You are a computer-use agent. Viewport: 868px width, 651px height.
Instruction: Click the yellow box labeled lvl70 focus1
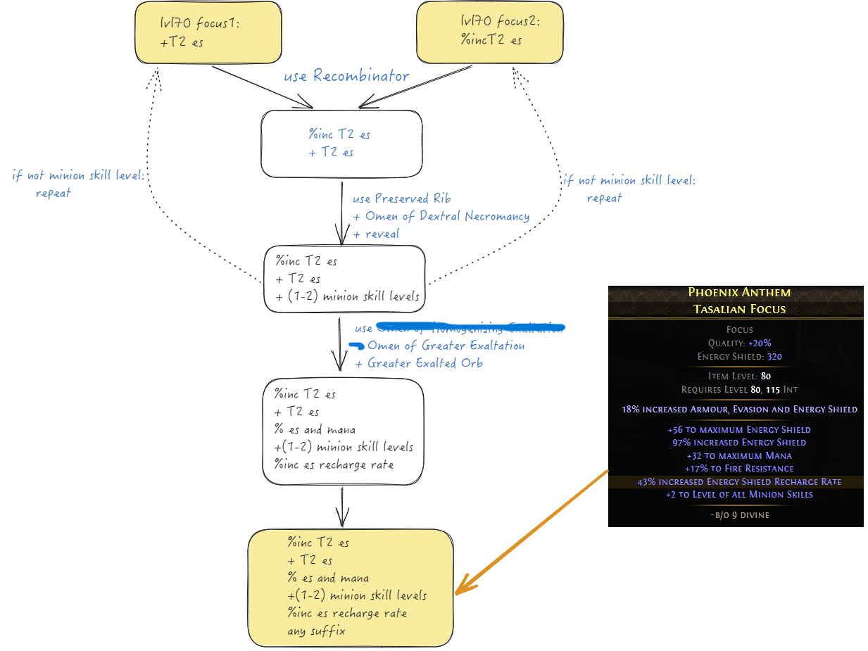coord(208,32)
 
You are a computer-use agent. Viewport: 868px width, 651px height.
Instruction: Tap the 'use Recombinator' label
coord(346,75)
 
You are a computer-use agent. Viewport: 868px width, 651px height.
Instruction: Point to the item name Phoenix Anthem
coord(739,292)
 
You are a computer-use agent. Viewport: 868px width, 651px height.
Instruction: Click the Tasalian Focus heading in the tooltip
coord(739,308)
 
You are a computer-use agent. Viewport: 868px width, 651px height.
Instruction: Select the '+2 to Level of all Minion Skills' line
coord(739,495)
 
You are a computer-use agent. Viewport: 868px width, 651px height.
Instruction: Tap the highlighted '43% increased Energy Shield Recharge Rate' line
coord(739,482)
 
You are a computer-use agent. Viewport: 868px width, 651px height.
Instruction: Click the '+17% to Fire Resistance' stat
coord(739,469)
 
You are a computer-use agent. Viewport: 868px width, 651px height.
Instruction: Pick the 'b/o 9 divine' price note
coord(739,514)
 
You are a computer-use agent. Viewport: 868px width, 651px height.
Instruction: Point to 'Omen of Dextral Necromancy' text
coord(446,216)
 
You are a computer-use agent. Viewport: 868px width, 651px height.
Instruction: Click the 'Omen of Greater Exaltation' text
coord(446,346)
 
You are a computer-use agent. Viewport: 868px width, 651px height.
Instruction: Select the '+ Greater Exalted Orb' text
coord(418,363)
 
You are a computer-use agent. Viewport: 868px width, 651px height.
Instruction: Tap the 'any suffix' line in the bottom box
coord(316,631)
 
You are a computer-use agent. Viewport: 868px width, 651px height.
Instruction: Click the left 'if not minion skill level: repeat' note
coord(77,184)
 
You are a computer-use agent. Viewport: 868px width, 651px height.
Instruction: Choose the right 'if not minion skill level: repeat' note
coord(629,189)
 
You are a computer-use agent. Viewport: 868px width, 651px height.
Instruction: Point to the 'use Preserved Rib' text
coord(401,198)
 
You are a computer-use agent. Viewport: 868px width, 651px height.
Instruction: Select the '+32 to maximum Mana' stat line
coord(739,455)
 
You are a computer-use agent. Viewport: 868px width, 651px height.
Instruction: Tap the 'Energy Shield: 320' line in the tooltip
coord(739,357)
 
